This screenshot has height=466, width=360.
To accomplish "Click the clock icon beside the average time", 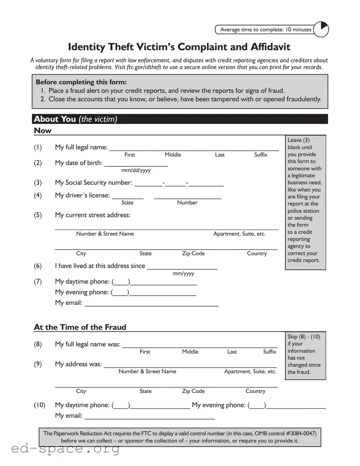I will click(321, 29).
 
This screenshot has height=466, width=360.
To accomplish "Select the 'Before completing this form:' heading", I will click(81, 82).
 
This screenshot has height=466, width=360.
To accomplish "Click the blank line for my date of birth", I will click(136, 164).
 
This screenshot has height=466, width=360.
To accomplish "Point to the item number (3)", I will click(38, 183).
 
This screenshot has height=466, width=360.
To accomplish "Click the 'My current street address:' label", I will click(92, 215).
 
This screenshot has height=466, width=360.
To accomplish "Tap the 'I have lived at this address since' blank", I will click(182, 267).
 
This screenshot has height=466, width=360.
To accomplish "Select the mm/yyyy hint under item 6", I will click(183, 274).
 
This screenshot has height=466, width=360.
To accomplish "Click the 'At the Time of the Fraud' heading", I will click(80, 327).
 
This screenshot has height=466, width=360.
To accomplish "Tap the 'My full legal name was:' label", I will click(88, 344).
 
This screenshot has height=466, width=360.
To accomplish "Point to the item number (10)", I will click(39, 405).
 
